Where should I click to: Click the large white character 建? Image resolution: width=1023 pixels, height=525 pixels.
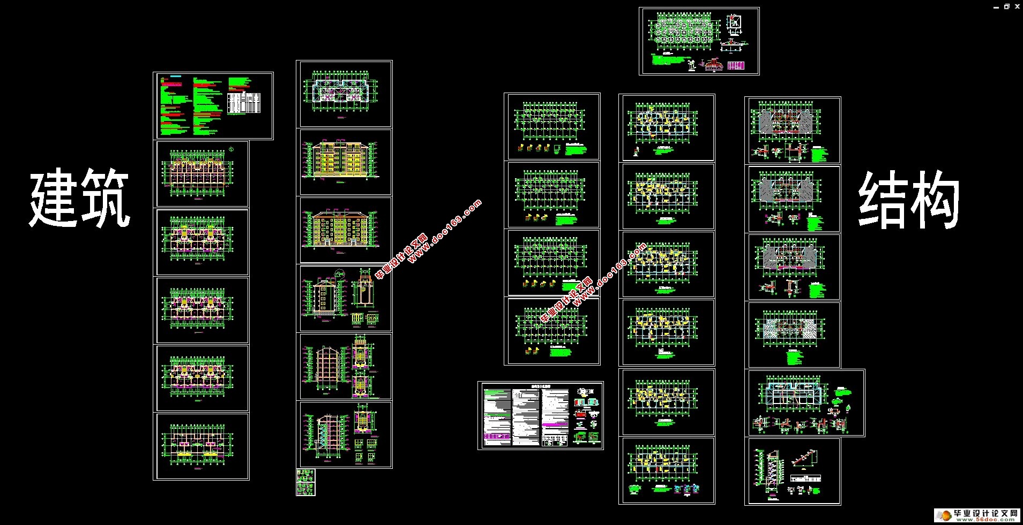54,199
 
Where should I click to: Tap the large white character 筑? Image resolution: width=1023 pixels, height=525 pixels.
106,199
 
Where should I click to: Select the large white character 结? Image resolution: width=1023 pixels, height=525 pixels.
882,203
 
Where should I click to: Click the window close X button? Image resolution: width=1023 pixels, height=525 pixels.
1017,6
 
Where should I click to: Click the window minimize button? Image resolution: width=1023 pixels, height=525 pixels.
996,7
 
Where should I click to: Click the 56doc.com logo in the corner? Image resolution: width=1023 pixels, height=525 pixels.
977,515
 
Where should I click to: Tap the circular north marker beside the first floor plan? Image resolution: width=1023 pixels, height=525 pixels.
231,149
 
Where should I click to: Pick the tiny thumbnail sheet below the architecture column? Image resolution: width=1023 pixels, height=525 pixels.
305,482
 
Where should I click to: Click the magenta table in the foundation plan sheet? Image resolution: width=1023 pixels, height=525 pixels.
737,65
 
